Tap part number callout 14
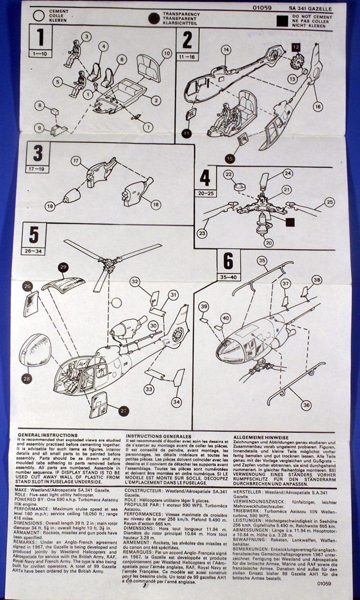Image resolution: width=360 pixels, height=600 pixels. click(x=225, y=49)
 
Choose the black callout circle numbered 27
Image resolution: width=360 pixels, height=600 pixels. click(x=123, y=410)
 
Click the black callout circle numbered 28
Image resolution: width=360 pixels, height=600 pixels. click(x=26, y=379)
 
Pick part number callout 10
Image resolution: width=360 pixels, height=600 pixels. click(x=166, y=52)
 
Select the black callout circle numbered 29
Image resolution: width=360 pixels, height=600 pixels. click(x=63, y=268)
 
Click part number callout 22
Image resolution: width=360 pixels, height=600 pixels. click(x=228, y=174)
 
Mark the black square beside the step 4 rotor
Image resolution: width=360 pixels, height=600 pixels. click(x=289, y=222)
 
